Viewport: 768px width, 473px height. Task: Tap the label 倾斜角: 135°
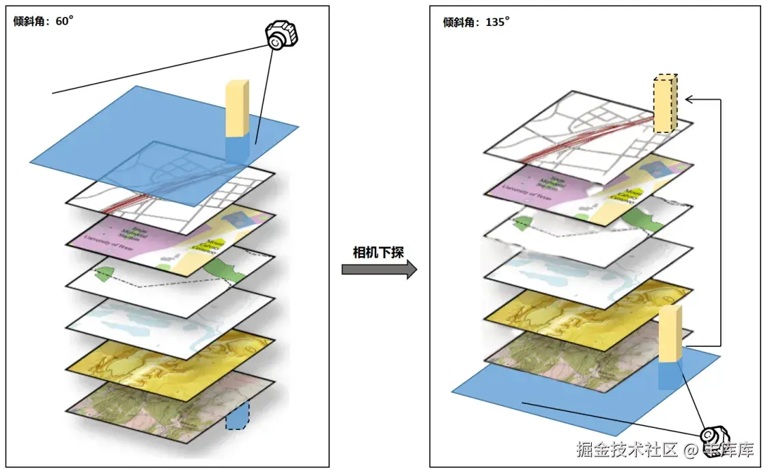pos(477,22)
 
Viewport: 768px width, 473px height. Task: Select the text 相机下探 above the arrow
pos(378,253)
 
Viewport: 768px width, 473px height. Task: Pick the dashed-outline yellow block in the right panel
pos(665,103)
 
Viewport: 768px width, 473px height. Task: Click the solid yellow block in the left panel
pos(236,108)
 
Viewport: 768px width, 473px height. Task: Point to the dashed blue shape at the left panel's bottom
pos(237,416)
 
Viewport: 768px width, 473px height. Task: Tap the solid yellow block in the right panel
pos(670,334)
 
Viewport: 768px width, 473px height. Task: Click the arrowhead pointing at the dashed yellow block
pos(689,100)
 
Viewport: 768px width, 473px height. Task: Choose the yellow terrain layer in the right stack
pos(580,311)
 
